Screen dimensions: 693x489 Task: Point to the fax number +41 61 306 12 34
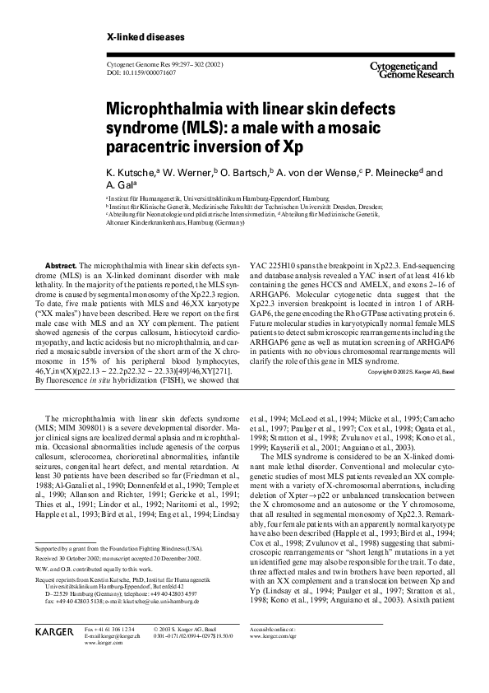107,629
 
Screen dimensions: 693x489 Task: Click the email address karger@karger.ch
112,636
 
